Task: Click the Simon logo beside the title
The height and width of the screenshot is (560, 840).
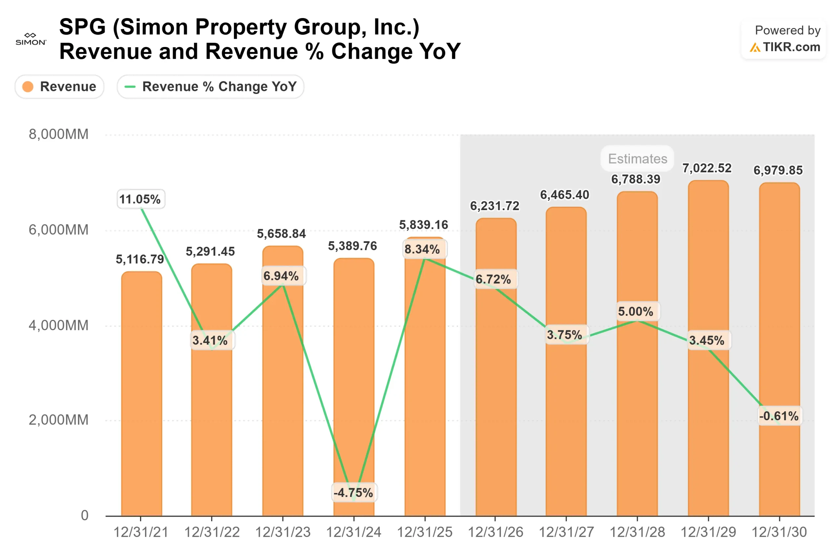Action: (x=31, y=39)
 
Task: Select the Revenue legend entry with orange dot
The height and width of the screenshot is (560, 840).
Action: (x=59, y=86)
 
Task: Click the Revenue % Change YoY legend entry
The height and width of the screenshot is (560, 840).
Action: (x=210, y=86)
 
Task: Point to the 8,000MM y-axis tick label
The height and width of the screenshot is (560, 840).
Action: (x=58, y=134)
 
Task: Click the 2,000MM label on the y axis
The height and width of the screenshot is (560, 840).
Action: (x=58, y=420)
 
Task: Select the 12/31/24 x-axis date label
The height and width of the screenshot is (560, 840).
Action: (x=353, y=532)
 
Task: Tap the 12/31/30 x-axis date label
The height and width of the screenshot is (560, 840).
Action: (x=779, y=532)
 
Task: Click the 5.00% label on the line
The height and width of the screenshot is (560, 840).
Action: (x=636, y=311)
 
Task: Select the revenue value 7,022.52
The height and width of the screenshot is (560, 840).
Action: (x=707, y=168)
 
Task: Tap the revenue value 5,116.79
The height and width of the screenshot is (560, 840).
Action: (x=139, y=259)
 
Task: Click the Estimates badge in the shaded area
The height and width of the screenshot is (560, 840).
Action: (x=637, y=159)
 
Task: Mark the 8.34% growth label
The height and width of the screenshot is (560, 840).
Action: (x=422, y=249)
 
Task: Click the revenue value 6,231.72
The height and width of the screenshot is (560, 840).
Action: (x=494, y=206)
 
